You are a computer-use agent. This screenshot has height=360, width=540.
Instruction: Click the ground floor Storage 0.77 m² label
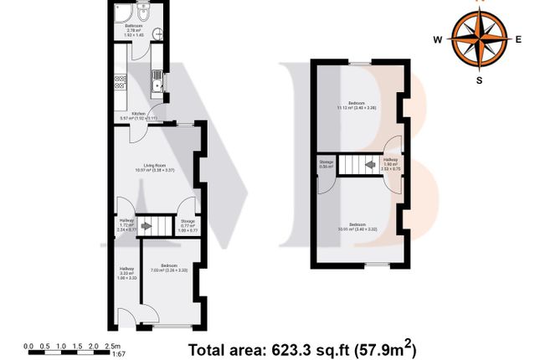188,224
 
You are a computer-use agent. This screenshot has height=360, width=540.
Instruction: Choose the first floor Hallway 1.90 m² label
390,162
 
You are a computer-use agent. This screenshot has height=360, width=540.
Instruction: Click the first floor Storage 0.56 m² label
325,164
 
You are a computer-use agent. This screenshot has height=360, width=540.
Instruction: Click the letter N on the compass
480,3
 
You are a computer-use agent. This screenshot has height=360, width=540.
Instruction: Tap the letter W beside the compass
438,39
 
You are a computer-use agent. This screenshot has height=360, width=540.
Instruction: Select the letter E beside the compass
518,39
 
